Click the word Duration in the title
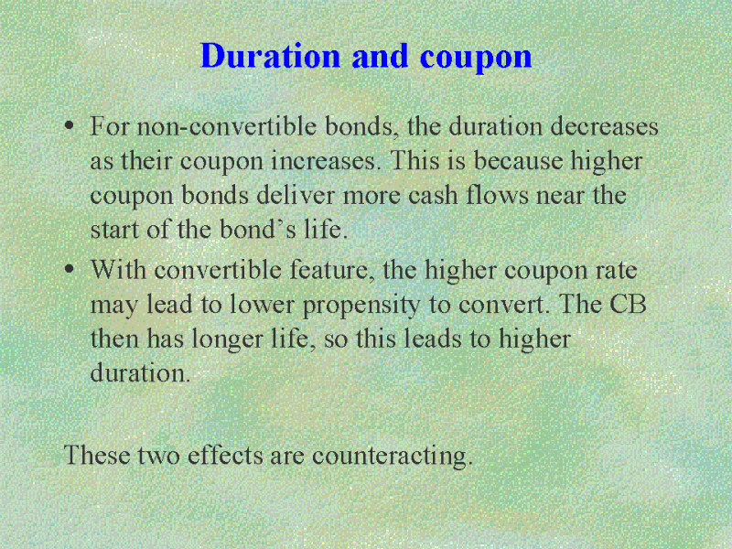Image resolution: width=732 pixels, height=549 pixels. coord(270,56)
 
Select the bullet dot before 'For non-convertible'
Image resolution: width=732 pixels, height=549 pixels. coord(70,126)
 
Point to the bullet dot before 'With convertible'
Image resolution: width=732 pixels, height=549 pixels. coord(70,270)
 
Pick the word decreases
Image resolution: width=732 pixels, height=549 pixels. coord(604,126)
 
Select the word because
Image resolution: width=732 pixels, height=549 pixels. coord(518,161)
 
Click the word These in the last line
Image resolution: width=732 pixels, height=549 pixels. coord(97,455)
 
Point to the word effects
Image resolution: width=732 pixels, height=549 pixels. coord(225,455)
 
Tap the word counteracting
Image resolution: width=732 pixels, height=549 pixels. coord(393,456)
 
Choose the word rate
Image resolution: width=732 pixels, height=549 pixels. coord(616,271)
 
